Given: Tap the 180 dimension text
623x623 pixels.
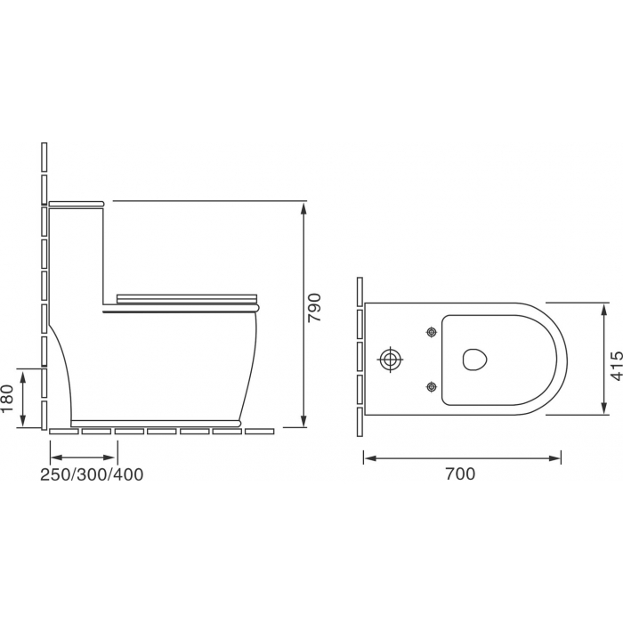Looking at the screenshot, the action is pos(8,398).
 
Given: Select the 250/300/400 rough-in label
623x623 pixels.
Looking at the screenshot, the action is pos(92,474).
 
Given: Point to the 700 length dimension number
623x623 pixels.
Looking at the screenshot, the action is pos(460,473).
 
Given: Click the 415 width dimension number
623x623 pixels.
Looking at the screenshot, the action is pos(617,366).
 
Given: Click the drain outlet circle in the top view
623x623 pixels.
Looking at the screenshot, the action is pos(390,360).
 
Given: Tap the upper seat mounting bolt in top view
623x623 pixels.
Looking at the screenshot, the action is pos(432,331).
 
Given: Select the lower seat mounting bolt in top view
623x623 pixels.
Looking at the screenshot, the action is pos(432,386).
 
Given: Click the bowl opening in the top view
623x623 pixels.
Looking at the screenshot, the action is pos(474,360).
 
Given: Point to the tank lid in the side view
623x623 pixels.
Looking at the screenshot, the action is pos(77,204).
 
